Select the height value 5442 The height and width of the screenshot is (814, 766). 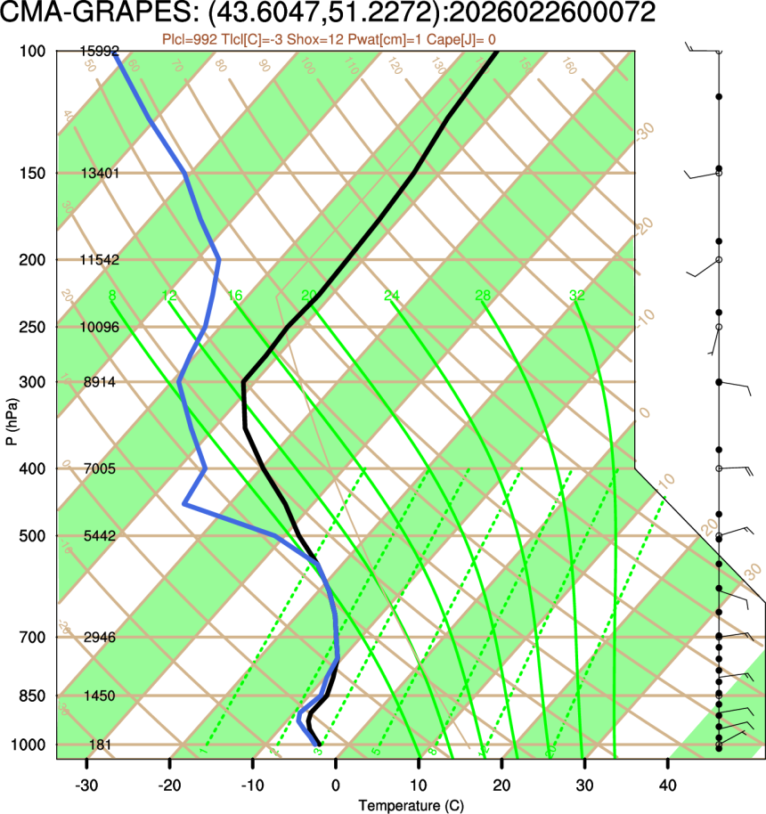click(x=100, y=536)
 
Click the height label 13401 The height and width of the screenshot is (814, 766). click(x=100, y=173)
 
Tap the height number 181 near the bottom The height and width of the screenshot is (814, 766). click(x=100, y=745)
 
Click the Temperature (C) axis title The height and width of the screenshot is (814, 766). click(x=412, y=806)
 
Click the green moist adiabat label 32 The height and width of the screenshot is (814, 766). click(x=576, y=296)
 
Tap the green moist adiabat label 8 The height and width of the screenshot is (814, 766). click(x=111, y=296)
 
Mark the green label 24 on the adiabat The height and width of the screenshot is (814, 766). click(x=392, y=296)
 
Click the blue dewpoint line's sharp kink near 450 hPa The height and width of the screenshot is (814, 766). click(x=184, y=504)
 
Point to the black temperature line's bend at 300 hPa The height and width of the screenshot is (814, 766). click(x=243, y=382)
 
